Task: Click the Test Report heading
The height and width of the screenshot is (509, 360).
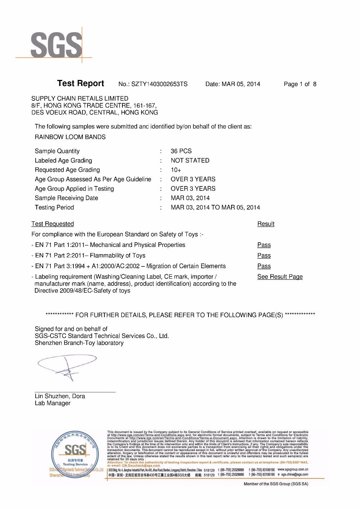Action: coord(80,84)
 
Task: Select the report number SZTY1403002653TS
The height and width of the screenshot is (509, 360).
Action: coord(159,84)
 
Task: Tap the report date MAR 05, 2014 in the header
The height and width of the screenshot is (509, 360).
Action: coord(240,84)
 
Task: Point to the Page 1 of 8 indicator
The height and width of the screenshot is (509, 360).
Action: coord(300,84)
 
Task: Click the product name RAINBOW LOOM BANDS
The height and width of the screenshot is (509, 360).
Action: coord(70,137)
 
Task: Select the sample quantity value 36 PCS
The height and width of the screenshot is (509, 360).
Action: coord(181,151)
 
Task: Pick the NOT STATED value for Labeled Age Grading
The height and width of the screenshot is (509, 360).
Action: coord(190,161)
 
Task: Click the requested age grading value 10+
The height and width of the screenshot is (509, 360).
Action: coord(176,170)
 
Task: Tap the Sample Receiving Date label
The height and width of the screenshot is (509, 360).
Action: coord(66,198)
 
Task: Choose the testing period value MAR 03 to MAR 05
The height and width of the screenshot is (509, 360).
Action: coord(215,207)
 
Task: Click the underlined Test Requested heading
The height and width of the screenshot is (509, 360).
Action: coord(53,224)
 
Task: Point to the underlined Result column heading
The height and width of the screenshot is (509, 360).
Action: coord(266,224)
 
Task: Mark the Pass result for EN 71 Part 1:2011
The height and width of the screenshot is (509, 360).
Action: coord(264,245)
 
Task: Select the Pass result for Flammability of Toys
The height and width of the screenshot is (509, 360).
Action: coord(264,256)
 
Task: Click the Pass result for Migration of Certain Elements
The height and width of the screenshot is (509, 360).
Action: coord(264,266)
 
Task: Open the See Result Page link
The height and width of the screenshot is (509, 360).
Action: coord(280,277)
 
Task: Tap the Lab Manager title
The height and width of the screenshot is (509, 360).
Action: coord(53,403)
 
